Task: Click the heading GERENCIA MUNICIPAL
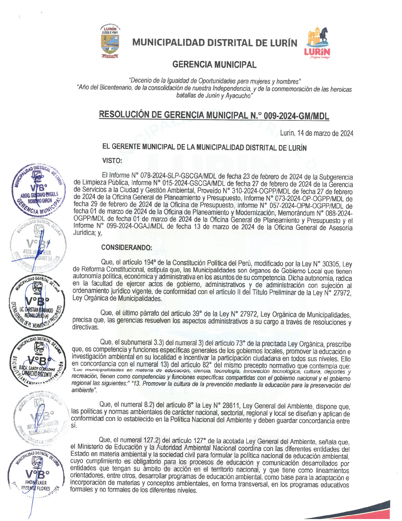214,65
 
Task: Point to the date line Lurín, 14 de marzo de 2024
317,133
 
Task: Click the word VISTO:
112,161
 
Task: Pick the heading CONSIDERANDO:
126,247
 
